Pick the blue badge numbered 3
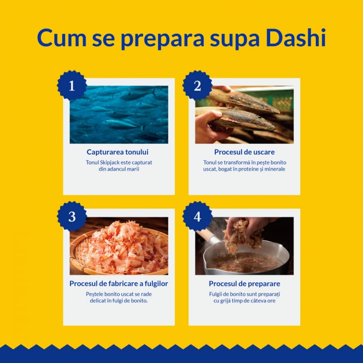coord(72,216)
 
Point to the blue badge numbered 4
coord(197,216)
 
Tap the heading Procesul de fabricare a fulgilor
coord(119,284)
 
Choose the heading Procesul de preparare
coord(244,284)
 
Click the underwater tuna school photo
coord(119,115)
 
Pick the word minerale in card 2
coord(274,169)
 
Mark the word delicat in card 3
coord(99,301)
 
